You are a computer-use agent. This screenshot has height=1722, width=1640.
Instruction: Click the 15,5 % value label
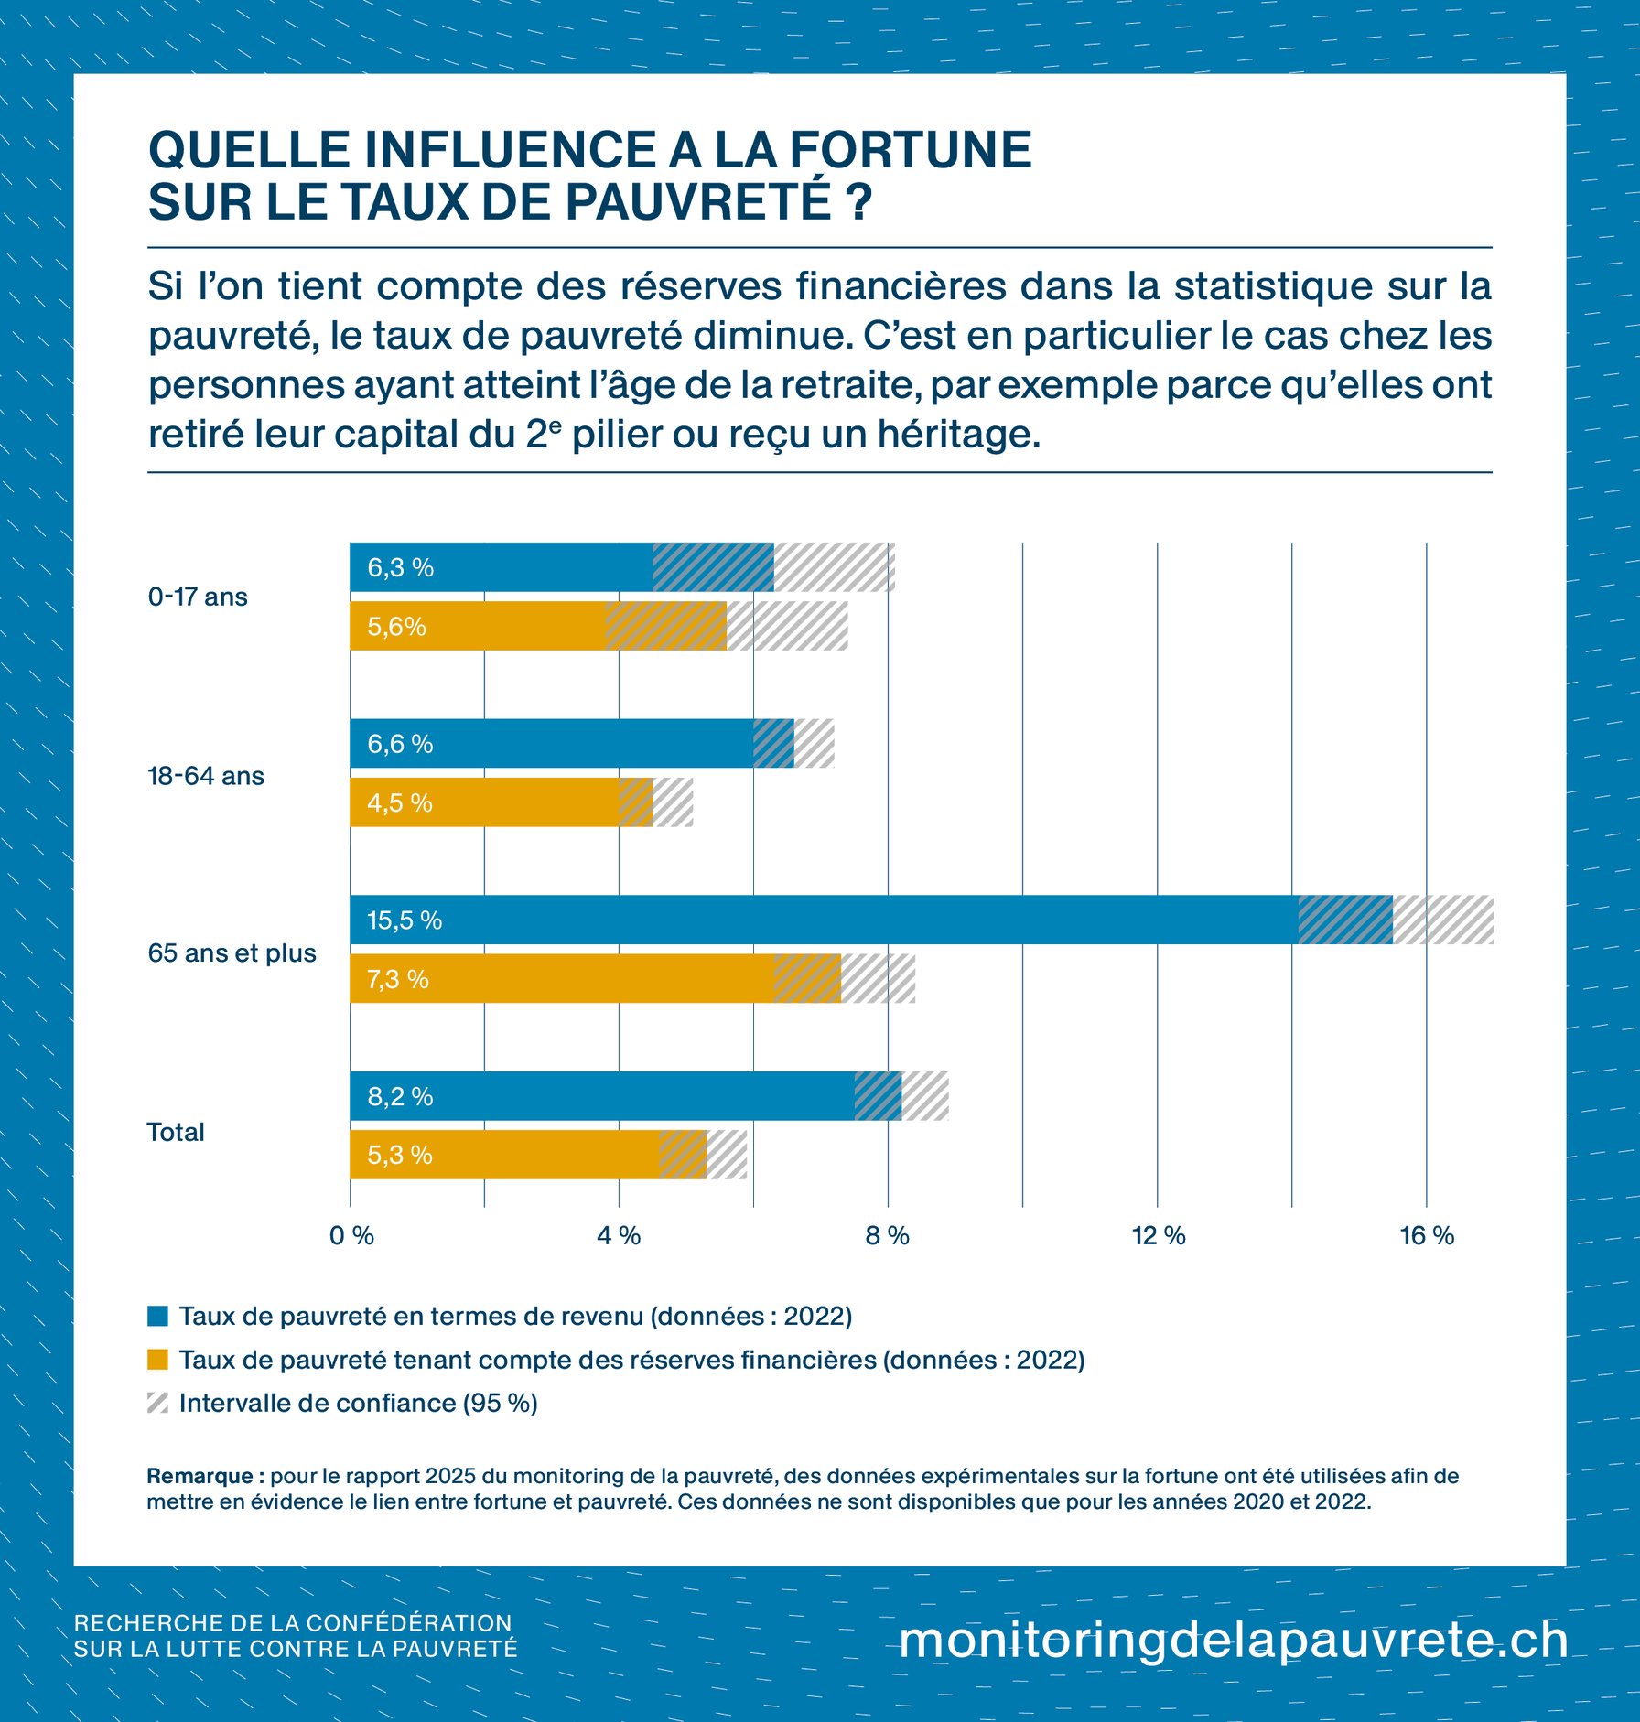[x=404, y=920]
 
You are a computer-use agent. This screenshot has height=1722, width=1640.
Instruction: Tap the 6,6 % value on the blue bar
[x=400, y=744]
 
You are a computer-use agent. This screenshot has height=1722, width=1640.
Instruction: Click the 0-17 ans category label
[x=198, y=597]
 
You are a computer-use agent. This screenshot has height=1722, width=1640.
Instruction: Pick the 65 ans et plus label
[x=232, y=953]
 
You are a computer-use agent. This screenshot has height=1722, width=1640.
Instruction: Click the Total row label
[x=176, y=1133]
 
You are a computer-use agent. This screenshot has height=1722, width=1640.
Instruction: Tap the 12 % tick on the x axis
[x=1158, y=1236]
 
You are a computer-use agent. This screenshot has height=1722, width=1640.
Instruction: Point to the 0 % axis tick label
[x=351, y=1236]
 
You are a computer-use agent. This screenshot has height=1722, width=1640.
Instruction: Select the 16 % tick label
[x=1427, y=1236]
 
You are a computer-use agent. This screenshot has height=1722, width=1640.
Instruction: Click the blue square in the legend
[x=157, y=1317]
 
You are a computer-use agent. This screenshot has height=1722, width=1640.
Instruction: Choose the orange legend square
[x=157, y=1360]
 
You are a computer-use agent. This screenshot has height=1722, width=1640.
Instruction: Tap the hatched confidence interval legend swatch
[x=157, y=1403]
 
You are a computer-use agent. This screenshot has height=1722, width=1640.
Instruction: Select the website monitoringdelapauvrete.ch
[x=1233, y=1639]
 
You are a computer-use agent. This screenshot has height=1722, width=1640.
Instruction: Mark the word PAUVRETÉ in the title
[x=696, y=201]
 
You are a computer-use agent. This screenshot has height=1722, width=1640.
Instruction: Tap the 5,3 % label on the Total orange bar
[x=399, y=1156]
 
